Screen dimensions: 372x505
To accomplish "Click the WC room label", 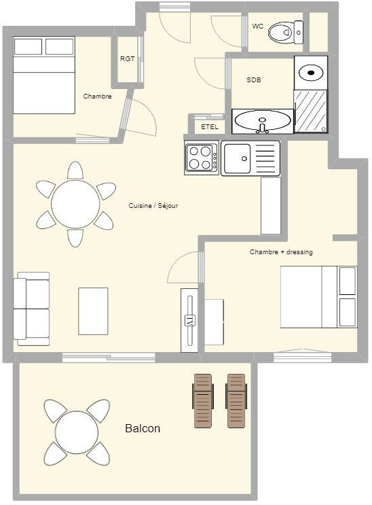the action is point(258,27).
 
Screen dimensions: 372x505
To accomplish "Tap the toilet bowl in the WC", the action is point(280,32).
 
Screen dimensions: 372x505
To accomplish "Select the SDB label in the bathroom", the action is point(254,80).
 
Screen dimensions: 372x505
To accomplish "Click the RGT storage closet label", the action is point(128,59).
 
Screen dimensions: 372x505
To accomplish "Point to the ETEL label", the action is point(210,127).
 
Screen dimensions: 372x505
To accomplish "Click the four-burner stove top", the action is point(202,158).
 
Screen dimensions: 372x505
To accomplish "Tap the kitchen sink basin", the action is point(238,158).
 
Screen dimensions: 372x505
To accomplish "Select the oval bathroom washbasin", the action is point(263,120).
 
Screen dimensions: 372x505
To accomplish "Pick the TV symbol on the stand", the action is point(190,321).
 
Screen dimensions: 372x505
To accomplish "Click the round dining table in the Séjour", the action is point(75,204).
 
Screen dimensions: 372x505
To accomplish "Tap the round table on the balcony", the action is point(77,432).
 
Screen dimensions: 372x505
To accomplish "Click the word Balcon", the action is point(143,428).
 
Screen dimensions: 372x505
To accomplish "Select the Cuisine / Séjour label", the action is point(153,205).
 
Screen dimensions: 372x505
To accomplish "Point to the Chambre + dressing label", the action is point(281,252).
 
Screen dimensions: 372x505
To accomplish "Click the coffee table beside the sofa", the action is point(93,311).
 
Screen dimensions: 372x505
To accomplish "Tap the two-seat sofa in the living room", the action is point(31,309).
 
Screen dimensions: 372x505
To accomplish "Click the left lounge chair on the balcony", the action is point(203,401).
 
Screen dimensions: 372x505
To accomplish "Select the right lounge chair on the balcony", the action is point(236,401).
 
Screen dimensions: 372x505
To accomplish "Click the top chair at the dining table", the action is point(75,170).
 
